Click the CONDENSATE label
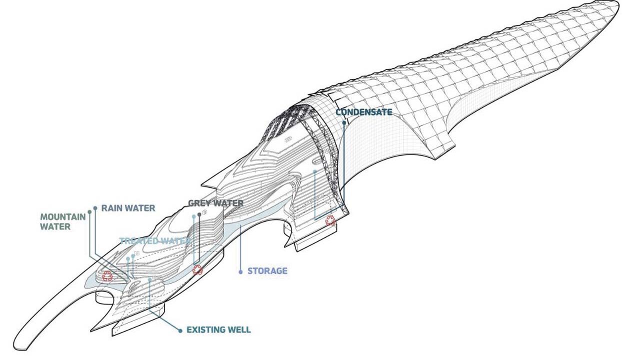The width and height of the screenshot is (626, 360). point(363,112)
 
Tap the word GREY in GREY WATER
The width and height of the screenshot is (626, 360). point(199,203)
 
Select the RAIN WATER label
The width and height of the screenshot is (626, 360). point(128,208)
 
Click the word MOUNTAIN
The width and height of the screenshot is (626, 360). point(62,217)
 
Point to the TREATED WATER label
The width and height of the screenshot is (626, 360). point(155,241)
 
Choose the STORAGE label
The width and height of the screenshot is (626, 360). point(267,271)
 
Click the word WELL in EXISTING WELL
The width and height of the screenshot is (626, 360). point(237,330)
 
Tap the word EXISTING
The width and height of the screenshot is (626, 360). point(204,330)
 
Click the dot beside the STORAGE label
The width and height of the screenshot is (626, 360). point(241,271)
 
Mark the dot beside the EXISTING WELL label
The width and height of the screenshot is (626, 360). point(180,330)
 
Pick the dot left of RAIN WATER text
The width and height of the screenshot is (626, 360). point(95,207)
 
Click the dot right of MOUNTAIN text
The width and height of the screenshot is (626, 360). point(89,212)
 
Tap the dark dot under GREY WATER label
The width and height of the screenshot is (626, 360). point(199,215)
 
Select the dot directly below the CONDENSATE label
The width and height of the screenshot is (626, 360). point(344,121)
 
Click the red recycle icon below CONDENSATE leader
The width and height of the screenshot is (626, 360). point(330,220)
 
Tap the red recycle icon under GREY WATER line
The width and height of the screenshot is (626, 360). point(198,270)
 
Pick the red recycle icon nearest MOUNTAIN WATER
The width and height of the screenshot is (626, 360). point(107,275)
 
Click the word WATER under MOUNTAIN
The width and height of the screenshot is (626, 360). point(55,226)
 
